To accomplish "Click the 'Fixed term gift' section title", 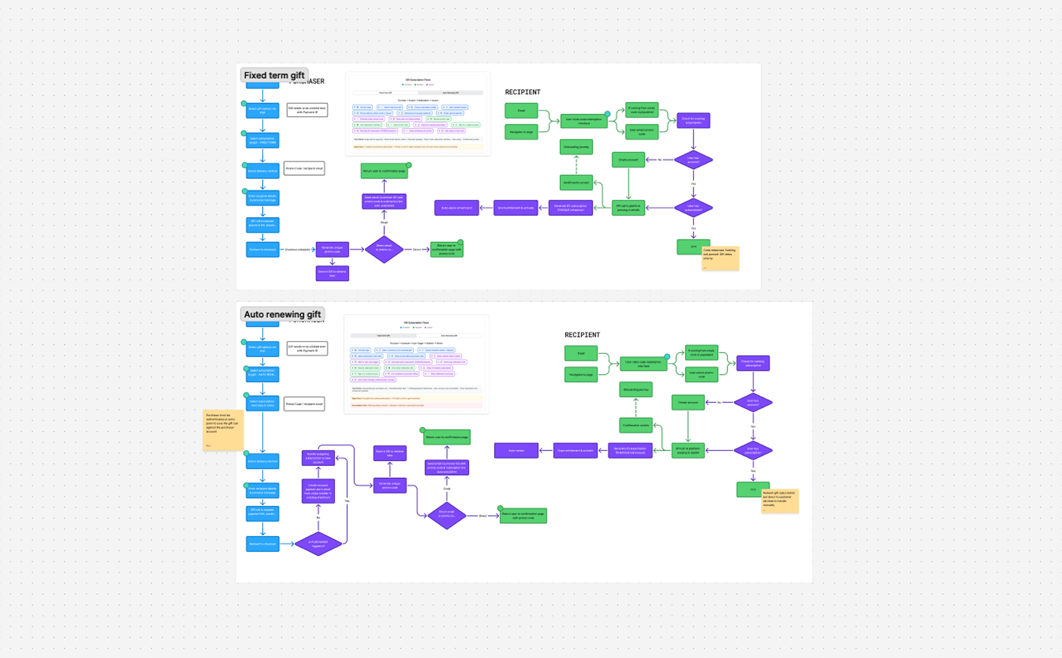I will pyautogui.click(x=274, y=75).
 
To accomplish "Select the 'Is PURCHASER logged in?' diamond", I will pyautogui.click(x=318, y=544).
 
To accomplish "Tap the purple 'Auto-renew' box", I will pyautogui.click(x=516, y=451).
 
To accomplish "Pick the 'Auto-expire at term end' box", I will pyautogui.click(x=456, y=207).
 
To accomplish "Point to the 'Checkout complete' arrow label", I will pyautogui.click(x=297, y=249).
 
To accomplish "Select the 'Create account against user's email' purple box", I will pyautogui.click(x=318, y=491).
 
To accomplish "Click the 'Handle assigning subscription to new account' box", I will pyautogui.click(x=318, y=458).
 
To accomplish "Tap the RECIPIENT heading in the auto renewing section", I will pyautogui.click(x=582, y=335).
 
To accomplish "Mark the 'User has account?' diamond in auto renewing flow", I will pyautogui.click(x=753, y=403).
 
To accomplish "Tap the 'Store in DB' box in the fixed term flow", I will pyautogui.click(x=332, y=273).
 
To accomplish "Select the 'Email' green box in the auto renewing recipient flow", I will pyautogui.click(x=581, y=353).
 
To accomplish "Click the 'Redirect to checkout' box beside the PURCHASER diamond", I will pyautogui.click(x=262, y=544).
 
